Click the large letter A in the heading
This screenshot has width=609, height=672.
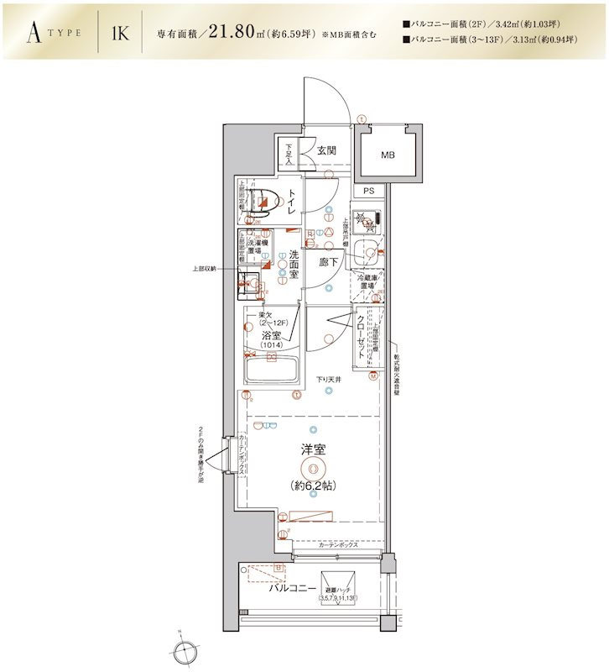coord(34,33)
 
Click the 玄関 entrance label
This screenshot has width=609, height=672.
coord(326,151)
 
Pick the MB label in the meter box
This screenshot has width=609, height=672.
coord(388,155)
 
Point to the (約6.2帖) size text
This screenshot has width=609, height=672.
coord(312,486)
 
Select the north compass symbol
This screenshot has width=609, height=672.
coord(184,648)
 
